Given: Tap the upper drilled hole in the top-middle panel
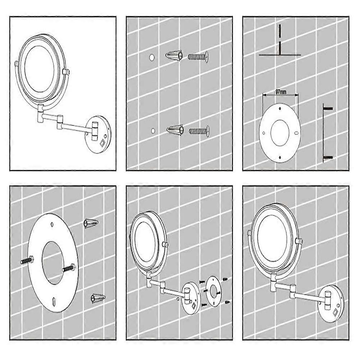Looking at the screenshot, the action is pos(151,58).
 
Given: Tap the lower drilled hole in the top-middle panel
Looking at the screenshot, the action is pos(153,131).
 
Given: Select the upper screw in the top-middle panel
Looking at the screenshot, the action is pos(199,57).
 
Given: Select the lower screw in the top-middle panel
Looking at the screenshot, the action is pos(199,131).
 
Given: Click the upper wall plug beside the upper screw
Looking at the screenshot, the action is pos(174,56).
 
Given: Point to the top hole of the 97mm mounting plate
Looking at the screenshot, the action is pos(280,108).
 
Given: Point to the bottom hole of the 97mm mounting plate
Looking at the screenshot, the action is pos(280,157).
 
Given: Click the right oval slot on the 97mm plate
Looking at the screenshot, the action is pos(296,133).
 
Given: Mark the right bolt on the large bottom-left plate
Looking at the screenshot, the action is pos(68,268).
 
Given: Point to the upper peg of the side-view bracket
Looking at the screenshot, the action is pos(328,108).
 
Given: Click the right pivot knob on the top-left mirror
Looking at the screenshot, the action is pos(66,72).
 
